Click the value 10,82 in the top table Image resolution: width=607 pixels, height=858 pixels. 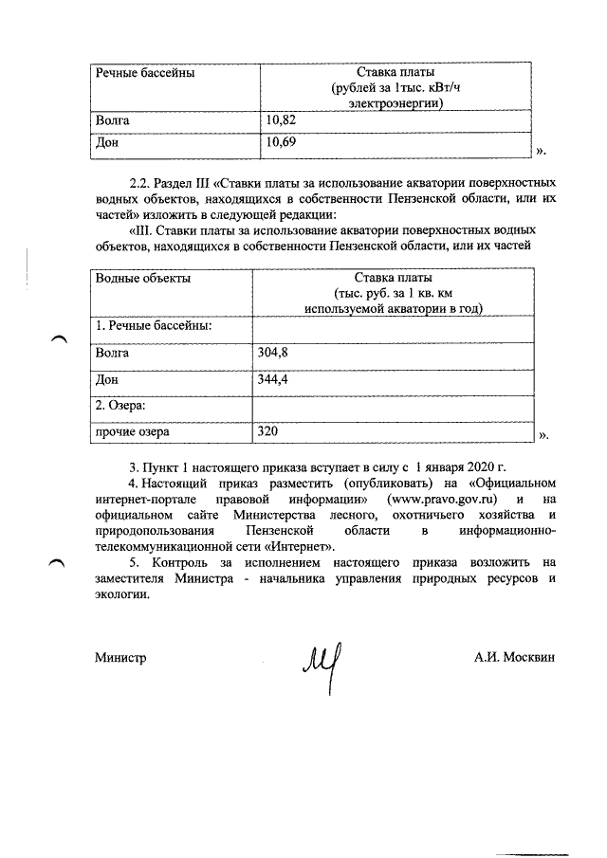pyautogui.click(x=282, y=122)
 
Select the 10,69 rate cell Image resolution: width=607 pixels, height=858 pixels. pyautogui.click(x=282, y=143)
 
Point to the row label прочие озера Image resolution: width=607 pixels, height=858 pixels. pyautogui.click(x=132, y=431)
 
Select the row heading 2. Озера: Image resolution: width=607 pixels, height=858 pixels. pyautogui.click(x=121, y=405)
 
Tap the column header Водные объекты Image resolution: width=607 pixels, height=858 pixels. pyautogui.click(x=143, y=278)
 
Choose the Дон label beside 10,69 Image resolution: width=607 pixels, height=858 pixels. pyautogui.click(x=107, y=143)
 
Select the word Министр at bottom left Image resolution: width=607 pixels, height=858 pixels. pyautogui.click(x=120, y=656)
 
